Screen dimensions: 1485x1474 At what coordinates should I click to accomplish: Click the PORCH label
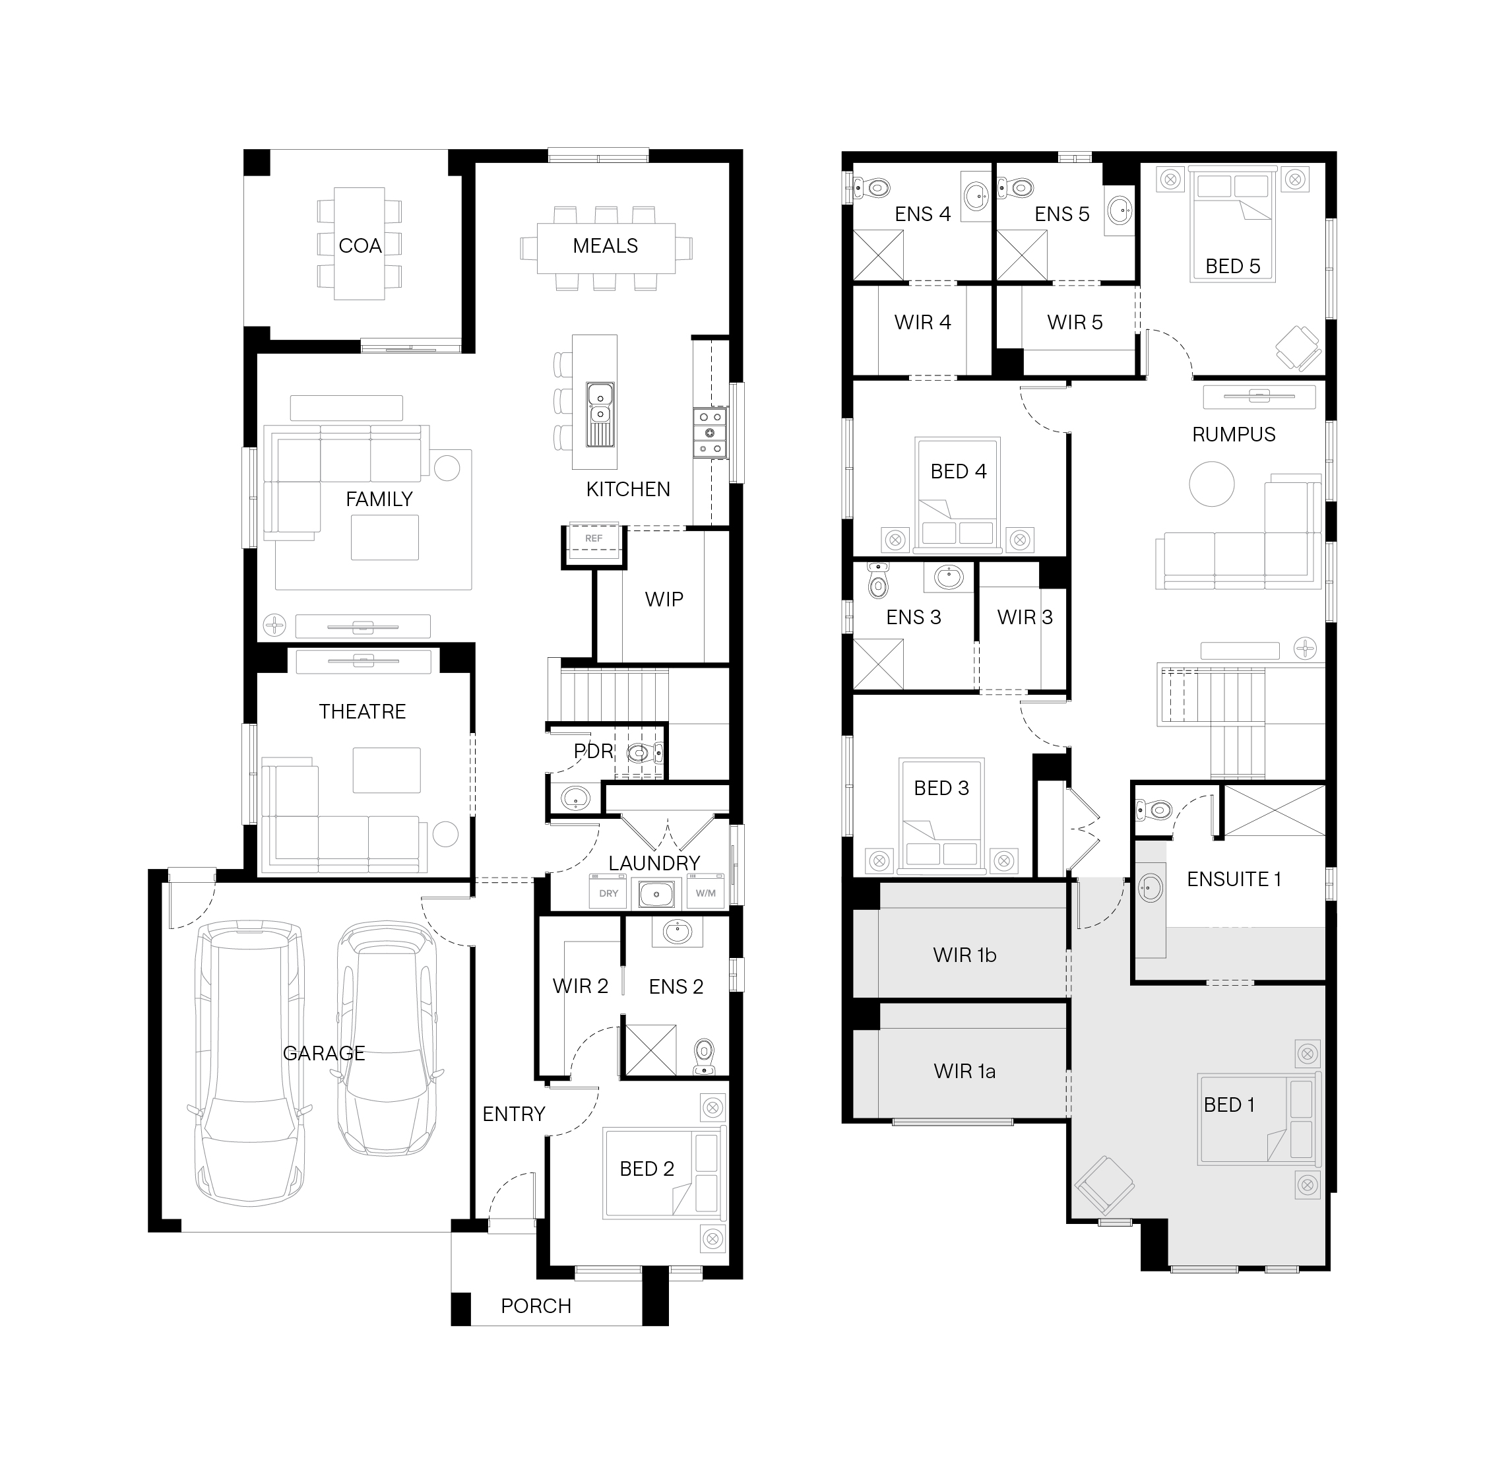(536, 1306)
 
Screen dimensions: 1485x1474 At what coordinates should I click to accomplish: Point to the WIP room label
(664, 599)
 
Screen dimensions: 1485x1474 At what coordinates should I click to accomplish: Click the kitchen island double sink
(600, 414)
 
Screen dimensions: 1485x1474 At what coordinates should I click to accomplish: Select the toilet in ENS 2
(703, 1056)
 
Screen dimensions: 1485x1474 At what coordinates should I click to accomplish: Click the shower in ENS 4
(879, 255)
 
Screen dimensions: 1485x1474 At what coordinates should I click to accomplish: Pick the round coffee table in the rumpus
(1211, 484)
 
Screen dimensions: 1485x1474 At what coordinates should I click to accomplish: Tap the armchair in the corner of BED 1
(1104, 1185)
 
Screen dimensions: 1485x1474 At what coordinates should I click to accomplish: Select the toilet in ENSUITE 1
(1153, 810)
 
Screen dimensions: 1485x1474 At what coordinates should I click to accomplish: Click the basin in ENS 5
(1120, 208)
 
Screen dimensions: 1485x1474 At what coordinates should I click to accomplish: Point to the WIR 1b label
(964, 955)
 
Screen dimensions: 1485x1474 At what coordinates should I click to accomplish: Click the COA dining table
(360, 243)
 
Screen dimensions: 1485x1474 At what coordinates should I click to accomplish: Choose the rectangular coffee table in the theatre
(387, 770)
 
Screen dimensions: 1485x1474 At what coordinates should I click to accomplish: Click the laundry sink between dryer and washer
(656, 893)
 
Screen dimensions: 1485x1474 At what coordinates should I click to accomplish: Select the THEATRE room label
(362, 711)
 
